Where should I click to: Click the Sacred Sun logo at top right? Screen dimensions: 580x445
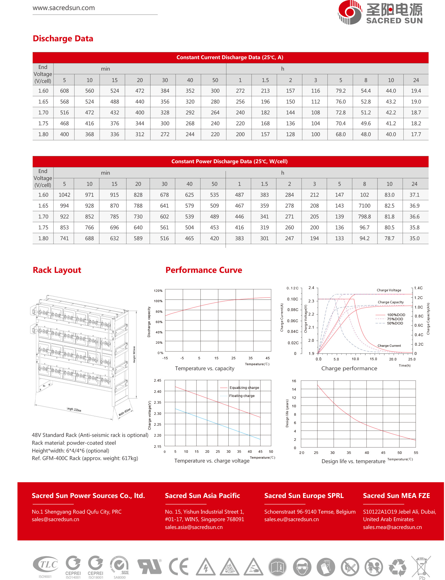click(380, 13)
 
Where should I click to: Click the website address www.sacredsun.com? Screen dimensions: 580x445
click(64, 8)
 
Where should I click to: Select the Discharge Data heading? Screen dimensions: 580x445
click(63, 38)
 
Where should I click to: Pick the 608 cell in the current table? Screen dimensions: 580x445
click(64, 91)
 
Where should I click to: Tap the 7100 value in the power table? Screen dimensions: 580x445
click(364, 206)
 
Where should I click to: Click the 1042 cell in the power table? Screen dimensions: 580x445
click(64, 195)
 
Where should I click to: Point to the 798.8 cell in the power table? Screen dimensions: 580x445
click(364, 217)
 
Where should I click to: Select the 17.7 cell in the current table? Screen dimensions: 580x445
click(416, 134)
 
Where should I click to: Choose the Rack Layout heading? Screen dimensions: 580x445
click(57, 270)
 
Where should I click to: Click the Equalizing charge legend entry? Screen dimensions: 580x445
click(244, 388)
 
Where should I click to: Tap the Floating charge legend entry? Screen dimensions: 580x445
click(242, 396)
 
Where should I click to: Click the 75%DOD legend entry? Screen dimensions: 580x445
click(395, 319)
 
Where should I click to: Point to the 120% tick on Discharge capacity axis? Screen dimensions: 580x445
click(158, 291)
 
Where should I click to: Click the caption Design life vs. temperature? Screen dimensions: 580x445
click(353, 461)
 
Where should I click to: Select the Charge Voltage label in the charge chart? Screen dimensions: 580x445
click(389, 290)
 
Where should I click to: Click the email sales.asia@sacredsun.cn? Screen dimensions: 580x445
click(194, 527)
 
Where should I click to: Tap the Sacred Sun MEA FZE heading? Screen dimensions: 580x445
click(396, 496)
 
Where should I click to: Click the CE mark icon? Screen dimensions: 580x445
click(178, 566)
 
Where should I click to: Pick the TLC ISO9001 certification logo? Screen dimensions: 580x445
click(46, 565)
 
